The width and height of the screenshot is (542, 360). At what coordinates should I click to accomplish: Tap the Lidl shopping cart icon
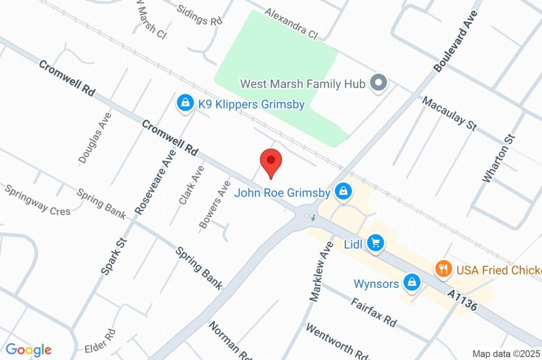[x=376, y=243]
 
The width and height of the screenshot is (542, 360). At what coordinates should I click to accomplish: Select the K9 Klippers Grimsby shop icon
[x=185, y=103]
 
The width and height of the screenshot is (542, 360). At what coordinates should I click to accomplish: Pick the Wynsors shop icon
[x=411, y=283]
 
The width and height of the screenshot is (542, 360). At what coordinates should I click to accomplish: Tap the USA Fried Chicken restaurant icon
[x=443, y=269]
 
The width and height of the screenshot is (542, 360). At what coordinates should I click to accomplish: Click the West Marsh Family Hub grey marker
[x=378, y=83]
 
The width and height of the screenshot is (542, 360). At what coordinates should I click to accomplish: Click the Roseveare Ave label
[x=155, y=182]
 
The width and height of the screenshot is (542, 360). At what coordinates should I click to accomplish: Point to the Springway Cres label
[x=37, y=200]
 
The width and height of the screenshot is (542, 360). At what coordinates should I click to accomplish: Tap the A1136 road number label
[x=462, y=300]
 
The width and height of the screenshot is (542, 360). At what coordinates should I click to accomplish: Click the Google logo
[x=29, y=349]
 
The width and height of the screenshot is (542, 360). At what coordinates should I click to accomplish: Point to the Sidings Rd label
[x=199, y=16]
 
